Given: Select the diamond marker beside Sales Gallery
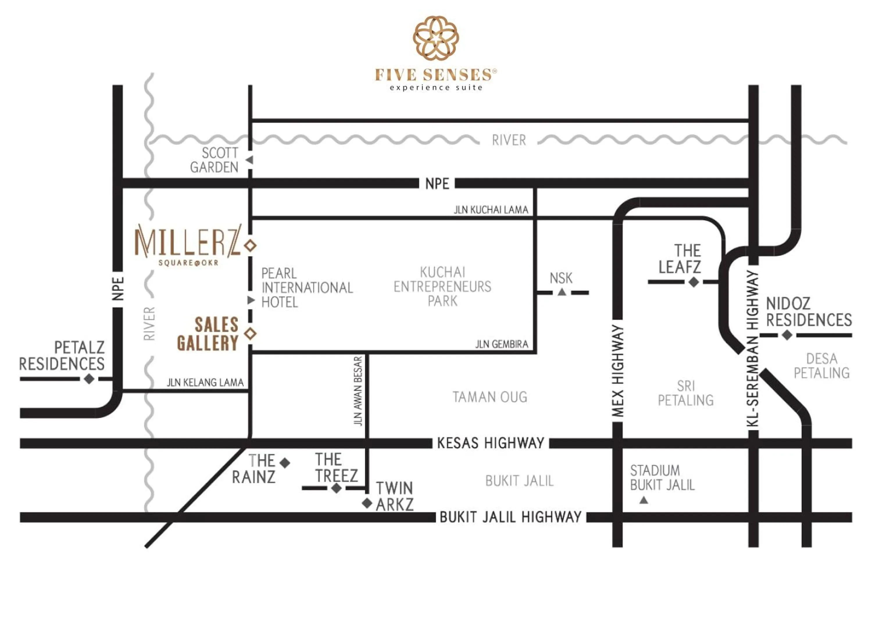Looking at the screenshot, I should coord(251,334).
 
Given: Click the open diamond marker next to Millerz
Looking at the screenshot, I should coord(251,245).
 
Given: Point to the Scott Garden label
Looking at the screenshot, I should coord(215,160).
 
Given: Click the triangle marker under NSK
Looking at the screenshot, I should coord(562,292).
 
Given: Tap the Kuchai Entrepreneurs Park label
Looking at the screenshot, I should coord(442,287).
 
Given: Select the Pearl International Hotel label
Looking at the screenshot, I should coord(307,288).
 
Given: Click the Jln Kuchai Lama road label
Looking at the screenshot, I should coord(491,210).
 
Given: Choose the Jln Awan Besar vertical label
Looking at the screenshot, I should coord(358,391).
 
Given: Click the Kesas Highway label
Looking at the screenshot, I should coord(491,443).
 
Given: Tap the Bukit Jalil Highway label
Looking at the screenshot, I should coord(510,517).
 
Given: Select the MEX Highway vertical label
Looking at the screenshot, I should coord(617,371).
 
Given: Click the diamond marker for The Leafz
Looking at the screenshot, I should coord(694,282).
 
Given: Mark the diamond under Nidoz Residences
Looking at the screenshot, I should coord(787,335).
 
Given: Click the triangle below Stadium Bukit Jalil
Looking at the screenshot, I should coord(644,500).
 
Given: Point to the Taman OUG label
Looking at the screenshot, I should coord(490,397).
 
